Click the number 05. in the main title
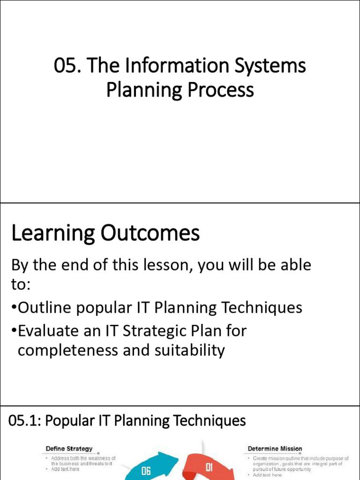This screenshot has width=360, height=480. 66,66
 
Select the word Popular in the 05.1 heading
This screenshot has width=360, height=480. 65,421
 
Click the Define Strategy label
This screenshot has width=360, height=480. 69,449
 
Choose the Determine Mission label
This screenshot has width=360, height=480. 275,449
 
